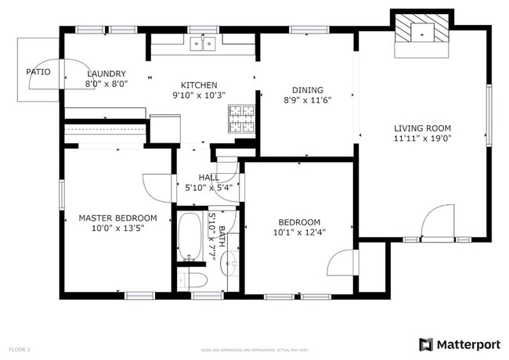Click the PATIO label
[38, 72]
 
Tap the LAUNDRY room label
[106, 74]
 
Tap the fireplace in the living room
[422, 32]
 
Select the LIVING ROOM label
[422, 128]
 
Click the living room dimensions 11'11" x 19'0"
[422, 139]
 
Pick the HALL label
[208, 178]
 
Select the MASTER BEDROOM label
[117, 218]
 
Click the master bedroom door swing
[157, 188]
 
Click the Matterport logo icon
[426, 344]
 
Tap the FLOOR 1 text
[20, 349]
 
